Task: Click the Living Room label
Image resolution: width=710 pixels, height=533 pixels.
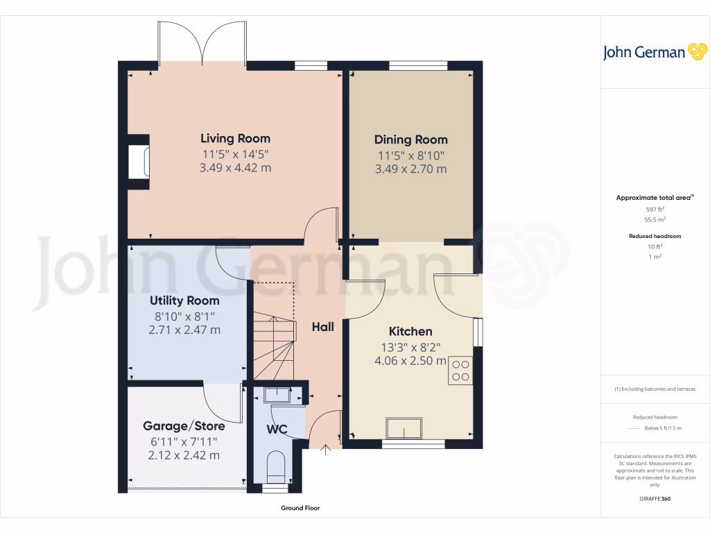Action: click(235, 138)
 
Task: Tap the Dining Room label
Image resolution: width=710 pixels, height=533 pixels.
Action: click(410, 139)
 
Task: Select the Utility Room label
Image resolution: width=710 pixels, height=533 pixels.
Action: click(184, 301)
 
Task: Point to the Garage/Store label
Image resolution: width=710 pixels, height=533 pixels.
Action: click(184, 425)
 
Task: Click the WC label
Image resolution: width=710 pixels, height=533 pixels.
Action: click(277, 429)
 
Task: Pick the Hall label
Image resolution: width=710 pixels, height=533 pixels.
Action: click(322, 326)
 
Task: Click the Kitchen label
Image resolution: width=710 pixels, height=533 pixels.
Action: click(410, 331)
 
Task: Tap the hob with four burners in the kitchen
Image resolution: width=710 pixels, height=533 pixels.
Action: click(460, 370)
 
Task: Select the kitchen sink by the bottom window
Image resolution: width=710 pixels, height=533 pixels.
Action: click(404, 428)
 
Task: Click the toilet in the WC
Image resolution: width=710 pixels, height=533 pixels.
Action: click(276, 466)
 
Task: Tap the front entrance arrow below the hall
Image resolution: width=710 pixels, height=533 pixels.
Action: click(326, 450)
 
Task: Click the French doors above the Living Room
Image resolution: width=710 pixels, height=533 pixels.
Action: click(202, 43)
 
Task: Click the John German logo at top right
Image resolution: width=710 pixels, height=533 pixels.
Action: click(653, 52)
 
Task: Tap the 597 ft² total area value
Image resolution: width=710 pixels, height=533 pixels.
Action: click(655, 209)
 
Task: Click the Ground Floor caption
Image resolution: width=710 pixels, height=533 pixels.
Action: click(300, 508)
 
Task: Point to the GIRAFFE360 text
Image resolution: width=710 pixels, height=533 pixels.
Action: click(655, 498)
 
